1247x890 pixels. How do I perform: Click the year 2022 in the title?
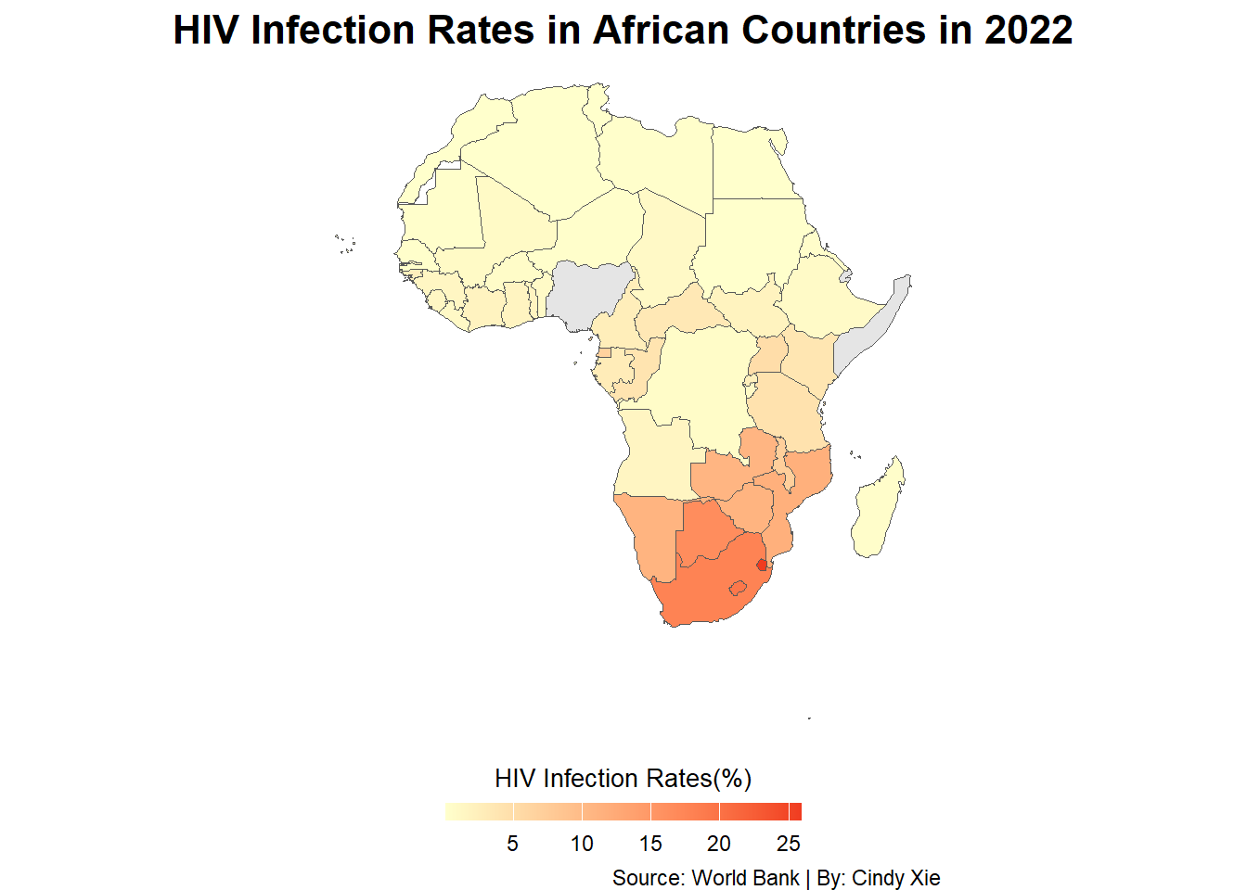1028,30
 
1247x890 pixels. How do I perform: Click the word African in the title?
661,30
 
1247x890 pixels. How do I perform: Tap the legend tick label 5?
513,844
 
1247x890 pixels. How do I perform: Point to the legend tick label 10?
582,844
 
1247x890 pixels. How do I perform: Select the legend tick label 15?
650,844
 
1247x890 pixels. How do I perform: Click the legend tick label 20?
719,844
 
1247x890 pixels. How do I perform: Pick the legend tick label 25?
789,844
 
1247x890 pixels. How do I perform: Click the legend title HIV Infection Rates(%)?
623,779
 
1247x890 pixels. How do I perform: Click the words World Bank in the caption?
745,878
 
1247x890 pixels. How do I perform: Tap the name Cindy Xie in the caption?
895,878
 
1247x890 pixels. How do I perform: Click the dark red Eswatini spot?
762,566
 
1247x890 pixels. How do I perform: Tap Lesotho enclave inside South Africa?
738,588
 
